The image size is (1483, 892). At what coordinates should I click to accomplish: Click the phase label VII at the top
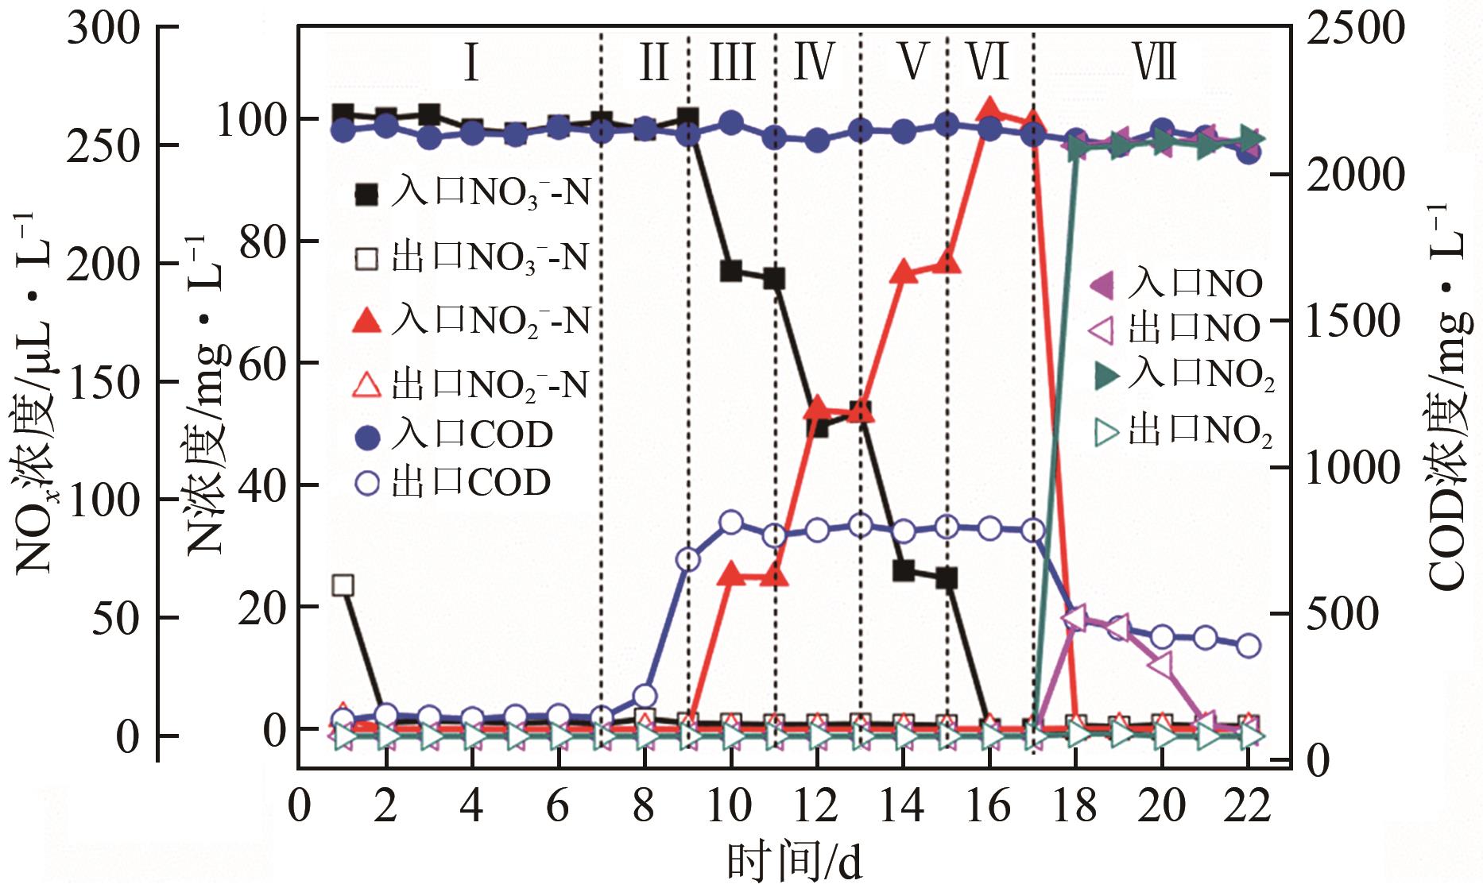pyautogui.click(x=1154, y=63)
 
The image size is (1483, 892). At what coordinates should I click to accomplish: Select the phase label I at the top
pyautogui.click(x=471, y=63)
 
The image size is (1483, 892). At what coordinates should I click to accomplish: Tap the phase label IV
pyautogui.click(x=814, y=63)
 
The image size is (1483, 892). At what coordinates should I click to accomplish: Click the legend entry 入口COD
pyautogui.click(x=453, y=435)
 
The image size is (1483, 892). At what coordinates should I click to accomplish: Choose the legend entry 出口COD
pyautogui.click(x=453, y=482)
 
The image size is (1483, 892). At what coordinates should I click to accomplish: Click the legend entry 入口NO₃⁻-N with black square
pyautogui.click(x=474, y=192)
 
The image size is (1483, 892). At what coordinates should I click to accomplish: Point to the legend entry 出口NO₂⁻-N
pyautogui.click(x=472, y=385)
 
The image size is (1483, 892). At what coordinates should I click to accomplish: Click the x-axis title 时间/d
pyautogui.click(x=794, y=862)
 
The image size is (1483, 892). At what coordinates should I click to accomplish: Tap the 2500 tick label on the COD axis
pyautogui.click(x=1355, y=29)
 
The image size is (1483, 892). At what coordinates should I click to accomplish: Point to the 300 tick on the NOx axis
pyautogui.click(x=103, y=29)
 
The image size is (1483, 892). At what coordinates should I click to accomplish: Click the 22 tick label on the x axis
pyautogui.click(x=1248, y=806)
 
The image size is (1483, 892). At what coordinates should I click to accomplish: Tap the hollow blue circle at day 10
pyautogui.click(x=731, y=523)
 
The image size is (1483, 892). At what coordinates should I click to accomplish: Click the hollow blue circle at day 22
pyautogui.click(x=1248, y=645)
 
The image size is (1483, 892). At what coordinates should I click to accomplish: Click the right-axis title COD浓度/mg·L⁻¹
pyautogui.click(x=1446, y=397)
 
